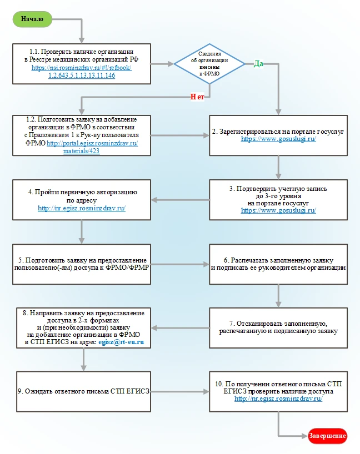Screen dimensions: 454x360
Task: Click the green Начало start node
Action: (x=32, y=19)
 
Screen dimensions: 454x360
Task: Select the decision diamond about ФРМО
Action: (x=209, y=64)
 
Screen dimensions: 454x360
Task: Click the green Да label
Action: (x=258, y=63)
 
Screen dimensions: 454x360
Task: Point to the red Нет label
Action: (x=198, y=97)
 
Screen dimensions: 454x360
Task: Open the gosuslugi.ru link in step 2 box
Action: (x=278, y=139)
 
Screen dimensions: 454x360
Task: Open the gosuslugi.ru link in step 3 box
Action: (x=278, y=210)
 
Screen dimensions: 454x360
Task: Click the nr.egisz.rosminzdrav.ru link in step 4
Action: (x=82, y=208)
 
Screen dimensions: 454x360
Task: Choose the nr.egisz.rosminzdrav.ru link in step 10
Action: (x=278, y=398)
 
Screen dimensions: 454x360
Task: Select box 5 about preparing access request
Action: (x=82, y=264)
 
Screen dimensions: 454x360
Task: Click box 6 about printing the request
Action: (x=278, y=264)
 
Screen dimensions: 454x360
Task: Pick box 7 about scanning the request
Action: (x=278, y=327)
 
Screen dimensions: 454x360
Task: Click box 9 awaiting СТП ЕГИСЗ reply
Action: (x=82, y=391)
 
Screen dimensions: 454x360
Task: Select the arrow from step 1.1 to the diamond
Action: (x=162, y=64)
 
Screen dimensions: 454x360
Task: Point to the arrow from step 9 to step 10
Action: (x=180, y=391)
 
